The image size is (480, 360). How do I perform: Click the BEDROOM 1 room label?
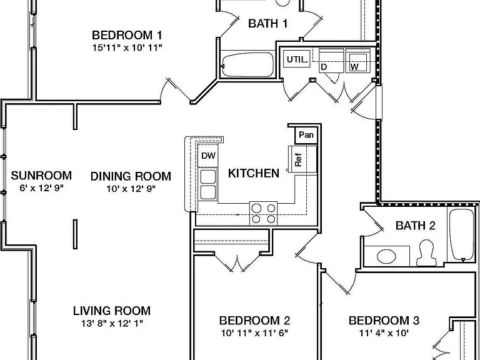tap(127, 35)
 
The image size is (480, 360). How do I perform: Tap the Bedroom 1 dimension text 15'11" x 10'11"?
tap(127, 47)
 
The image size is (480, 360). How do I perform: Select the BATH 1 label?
tap(268, 24)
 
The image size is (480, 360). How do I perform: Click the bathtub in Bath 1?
tap(247, 64)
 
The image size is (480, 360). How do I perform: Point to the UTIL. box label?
tap(297, 59)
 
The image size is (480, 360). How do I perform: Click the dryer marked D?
tap(331, 61)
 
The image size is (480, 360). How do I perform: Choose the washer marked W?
tap(357, 61)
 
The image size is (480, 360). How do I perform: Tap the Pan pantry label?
tap(306, 135)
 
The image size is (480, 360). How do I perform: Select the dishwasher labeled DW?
tap(208, 156)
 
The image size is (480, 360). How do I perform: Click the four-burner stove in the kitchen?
tap(263, 213)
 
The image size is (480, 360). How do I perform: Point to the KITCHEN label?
tap(254, 173)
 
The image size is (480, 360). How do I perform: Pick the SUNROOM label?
tap(41, 176)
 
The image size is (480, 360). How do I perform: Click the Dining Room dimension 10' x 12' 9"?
tap(131, 189)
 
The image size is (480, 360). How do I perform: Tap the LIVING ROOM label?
tap(112, 311)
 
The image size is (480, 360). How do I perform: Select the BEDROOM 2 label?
tap(254, 321)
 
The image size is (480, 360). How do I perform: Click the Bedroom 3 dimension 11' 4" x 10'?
tap(384, 332)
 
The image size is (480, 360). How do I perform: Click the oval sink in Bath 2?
tap(386, 256)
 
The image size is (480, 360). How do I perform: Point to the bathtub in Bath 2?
tap(462, 235)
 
